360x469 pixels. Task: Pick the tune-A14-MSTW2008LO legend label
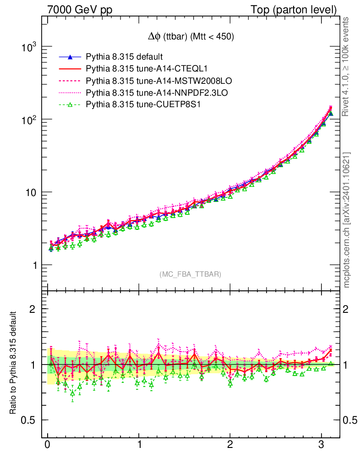point(158,81)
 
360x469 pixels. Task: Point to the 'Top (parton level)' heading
point(300,9)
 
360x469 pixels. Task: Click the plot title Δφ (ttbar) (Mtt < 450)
point(188,37)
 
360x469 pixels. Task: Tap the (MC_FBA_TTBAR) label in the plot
point(191,274)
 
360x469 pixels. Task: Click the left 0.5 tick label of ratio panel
point(30,420)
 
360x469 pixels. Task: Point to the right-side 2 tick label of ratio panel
point(347,309)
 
